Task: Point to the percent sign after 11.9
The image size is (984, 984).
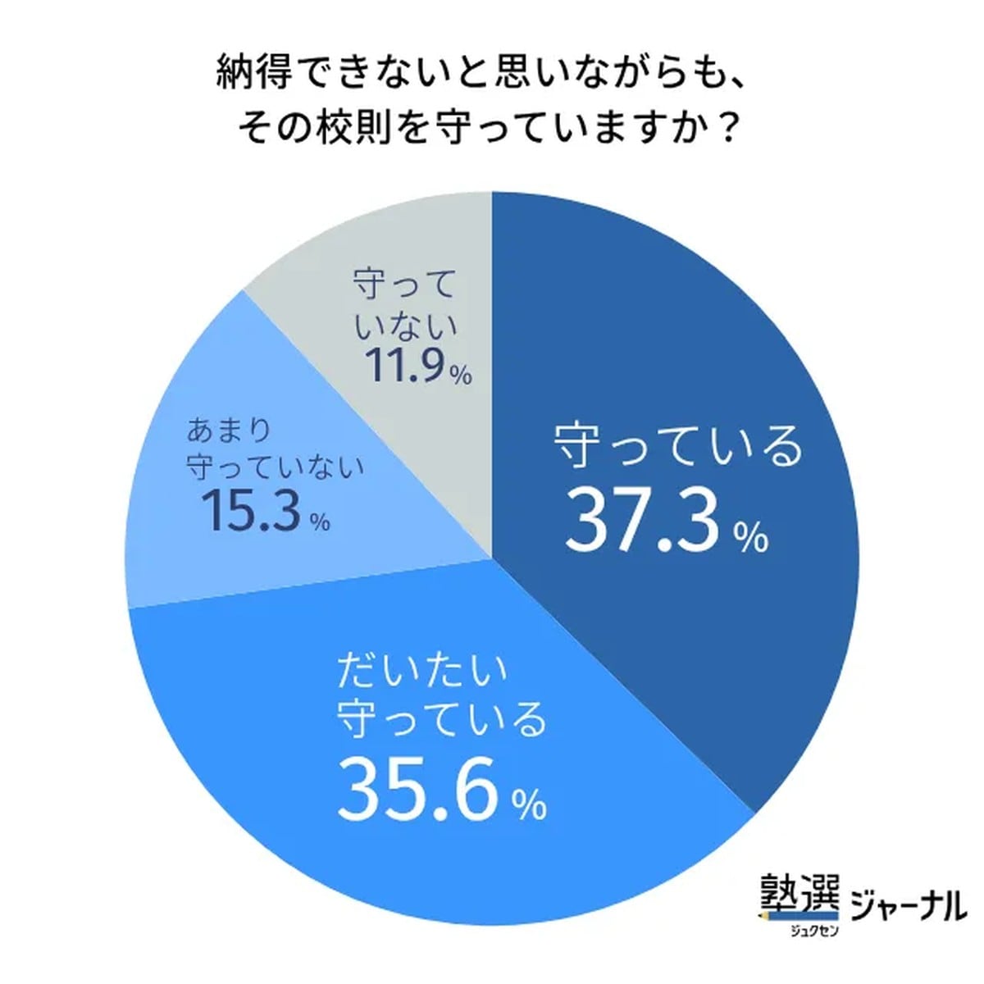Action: [460, 376]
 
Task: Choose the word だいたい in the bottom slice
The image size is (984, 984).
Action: [423, 672]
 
